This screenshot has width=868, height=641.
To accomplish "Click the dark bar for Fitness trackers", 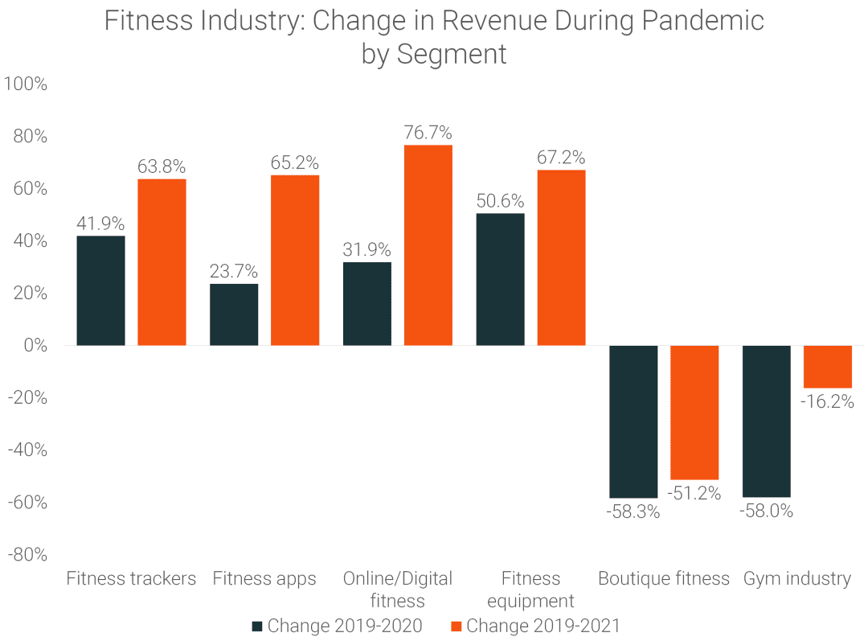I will [100, 290].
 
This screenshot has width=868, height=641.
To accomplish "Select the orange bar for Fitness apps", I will [295, 260].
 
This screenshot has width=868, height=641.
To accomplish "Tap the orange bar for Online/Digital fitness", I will [428, 244].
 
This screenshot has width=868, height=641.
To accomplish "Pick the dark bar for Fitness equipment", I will [501, 279].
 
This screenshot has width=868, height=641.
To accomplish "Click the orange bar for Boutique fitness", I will [694, 412].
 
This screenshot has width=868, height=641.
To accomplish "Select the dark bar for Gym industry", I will [766, 421].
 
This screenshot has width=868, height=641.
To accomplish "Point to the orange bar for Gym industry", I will [827, 367].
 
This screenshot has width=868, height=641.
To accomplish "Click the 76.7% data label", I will [428, 132].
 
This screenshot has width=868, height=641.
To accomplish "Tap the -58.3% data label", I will [633, 512].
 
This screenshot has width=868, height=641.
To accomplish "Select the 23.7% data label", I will [234, 271].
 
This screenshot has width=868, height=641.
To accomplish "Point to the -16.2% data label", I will [827, 401].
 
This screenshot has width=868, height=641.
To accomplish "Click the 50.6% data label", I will [501, 200].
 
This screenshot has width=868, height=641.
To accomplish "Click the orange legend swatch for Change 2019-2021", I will [456, 626].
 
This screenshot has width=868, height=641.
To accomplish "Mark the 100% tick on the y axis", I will [26, 84].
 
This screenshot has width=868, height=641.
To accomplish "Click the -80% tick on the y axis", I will [27, 554].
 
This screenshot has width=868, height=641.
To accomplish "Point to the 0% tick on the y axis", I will [35, 346].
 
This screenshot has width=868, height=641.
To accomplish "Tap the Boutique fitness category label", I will [664, 578].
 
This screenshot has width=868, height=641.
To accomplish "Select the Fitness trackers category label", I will [131, 578].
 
